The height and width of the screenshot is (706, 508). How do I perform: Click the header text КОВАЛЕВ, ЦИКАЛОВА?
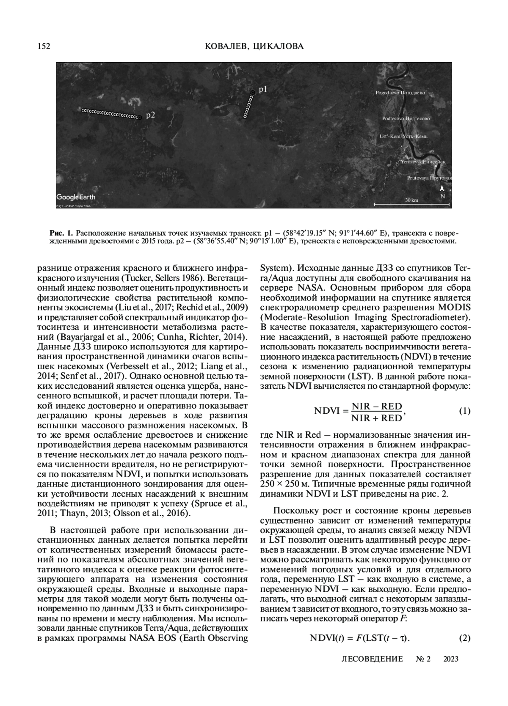[x=254, y=47]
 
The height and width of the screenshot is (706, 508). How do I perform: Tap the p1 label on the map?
[x=263, y=89]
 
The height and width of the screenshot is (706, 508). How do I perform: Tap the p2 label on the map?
[x=150, y=115]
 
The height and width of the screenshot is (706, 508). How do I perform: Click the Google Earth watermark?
[x=76, y=197]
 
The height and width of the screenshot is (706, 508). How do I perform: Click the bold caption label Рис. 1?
[x=61, y=233]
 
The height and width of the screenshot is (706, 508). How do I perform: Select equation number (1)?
[x=465, y=411]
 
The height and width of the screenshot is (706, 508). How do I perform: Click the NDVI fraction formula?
[x=360, y=412]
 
